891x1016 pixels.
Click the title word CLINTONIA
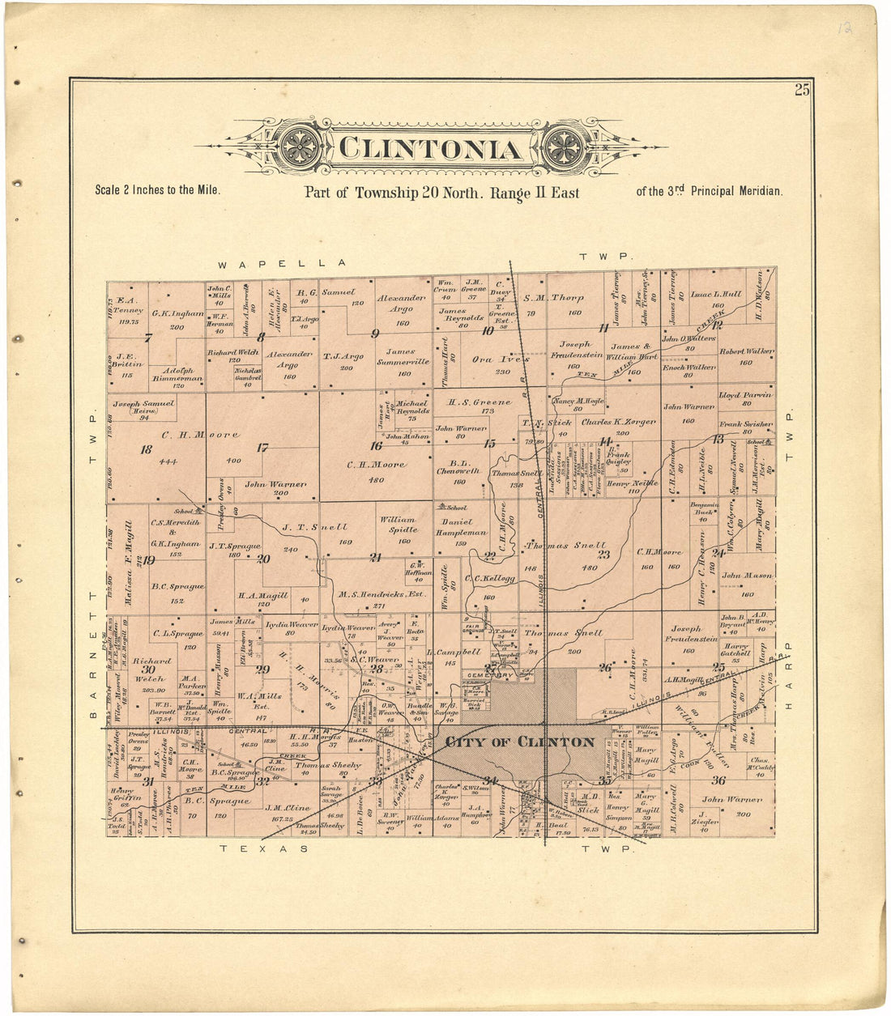click(429, 150)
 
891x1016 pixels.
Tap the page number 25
click(801, 90)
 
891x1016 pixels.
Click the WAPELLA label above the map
click(281, 264)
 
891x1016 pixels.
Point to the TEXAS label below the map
click(264, 848)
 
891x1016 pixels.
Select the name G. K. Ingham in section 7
click(177, 312)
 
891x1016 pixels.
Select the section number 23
click(603, 555)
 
